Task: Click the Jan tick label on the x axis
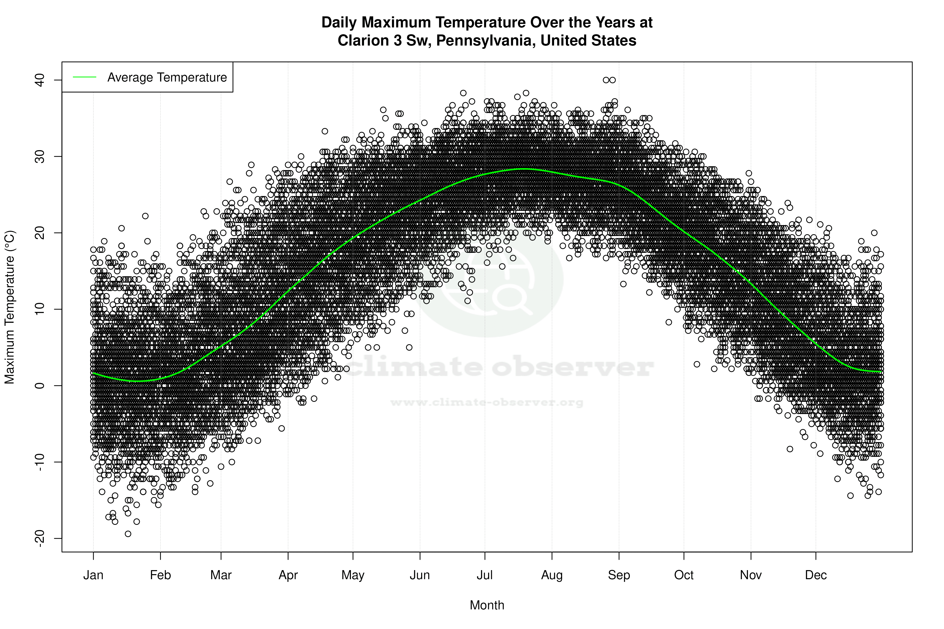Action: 93,575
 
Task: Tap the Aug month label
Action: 552,575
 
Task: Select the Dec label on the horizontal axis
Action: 816,575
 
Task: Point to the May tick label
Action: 352,575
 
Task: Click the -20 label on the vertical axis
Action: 39,538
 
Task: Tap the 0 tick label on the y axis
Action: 39,385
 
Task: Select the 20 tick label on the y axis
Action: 39,233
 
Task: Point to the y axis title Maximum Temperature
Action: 9,307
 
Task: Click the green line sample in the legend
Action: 85,77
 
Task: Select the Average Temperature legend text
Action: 167,77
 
